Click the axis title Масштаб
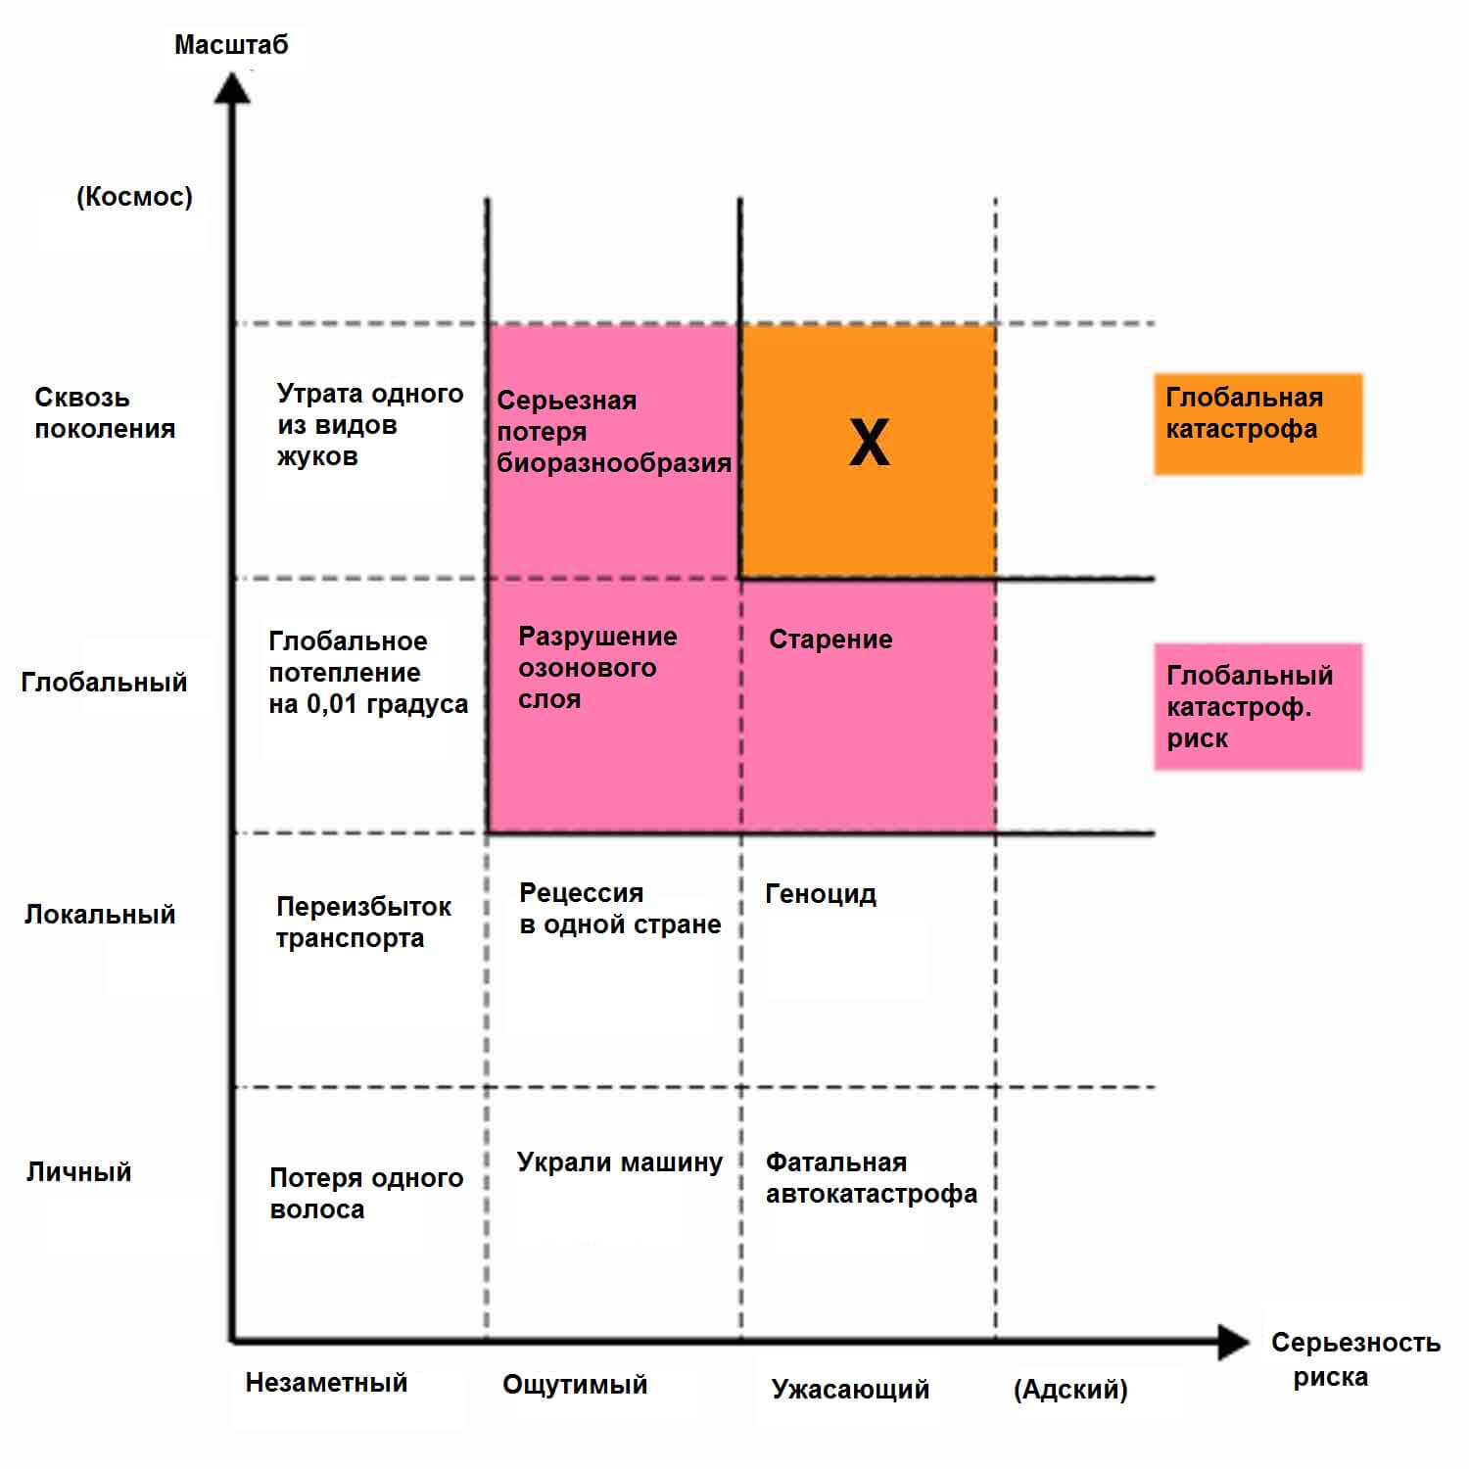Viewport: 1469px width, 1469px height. point(231,45)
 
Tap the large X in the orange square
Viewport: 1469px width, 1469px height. point(869,443)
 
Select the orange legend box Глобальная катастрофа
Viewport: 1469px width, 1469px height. point(1257,423)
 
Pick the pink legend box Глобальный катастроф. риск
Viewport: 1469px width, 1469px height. point(1257,706)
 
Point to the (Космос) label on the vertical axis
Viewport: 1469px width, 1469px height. point(134,197)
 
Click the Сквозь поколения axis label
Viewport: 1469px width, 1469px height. point(105,413)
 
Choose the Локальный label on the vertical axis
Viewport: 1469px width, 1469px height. point(100,915)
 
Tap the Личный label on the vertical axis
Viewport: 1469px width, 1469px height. point(78,1172)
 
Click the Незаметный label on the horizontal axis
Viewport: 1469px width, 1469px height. point(326,1383)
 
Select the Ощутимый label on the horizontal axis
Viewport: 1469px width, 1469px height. point(575,1385)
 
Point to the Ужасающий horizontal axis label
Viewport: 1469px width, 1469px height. point(850,1389)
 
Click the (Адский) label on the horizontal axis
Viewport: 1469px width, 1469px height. point(1070,1389)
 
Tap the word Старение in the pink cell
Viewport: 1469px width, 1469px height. point(830,640)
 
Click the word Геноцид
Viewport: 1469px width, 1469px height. point(821,894)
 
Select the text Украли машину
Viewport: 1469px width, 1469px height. point(619,1162)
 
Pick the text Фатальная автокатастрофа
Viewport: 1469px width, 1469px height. point(871,1178)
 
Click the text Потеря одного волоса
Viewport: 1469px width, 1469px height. point(366,1193)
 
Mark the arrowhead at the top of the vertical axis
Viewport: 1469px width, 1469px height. point(232,88)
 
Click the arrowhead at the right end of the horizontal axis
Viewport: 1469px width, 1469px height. point(1234,1342)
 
